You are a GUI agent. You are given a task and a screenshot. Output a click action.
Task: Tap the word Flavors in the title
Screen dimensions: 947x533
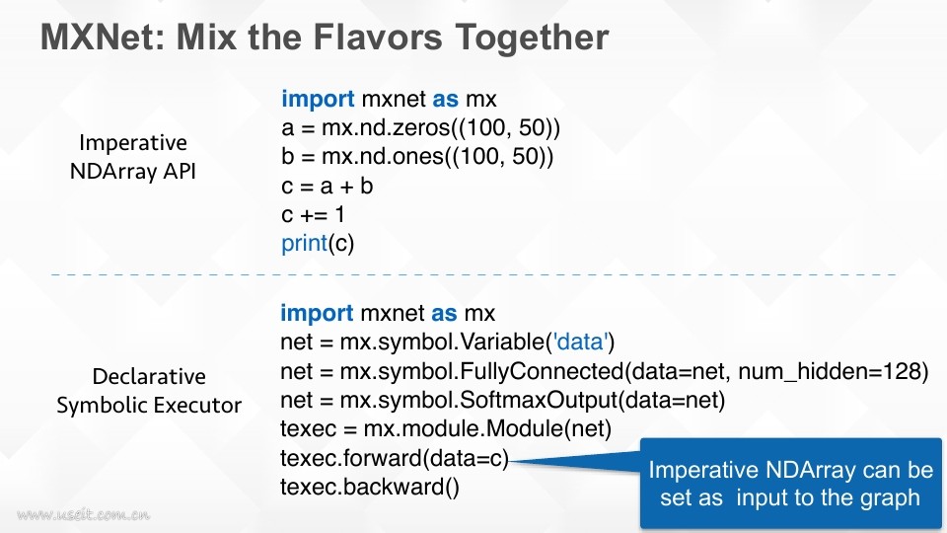pyautogui.click(x=378, y=38)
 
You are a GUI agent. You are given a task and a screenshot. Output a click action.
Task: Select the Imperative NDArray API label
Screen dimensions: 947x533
pyautogui.click(x=133, y=157)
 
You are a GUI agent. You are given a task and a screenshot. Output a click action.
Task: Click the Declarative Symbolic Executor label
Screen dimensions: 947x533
pyautogui.click(x=149, y=391)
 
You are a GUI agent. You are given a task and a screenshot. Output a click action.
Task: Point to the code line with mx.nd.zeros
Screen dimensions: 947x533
pyautogui.click(x=420, y=128)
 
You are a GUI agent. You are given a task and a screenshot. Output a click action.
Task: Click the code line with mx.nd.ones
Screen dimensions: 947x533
pyautogui.click(x=416, y=157)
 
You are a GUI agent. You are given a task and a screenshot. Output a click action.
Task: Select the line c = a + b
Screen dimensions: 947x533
pyautogui.click(x=327, y=187)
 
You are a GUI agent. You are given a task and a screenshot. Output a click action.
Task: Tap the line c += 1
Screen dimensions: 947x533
pyautogui.click(x=313, y=214)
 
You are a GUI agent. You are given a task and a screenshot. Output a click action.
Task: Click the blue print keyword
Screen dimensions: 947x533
pyautogui.click(x=305, y=244)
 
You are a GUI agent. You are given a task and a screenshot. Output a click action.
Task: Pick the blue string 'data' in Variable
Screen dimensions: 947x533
pyautogui.click(x=579, y=343)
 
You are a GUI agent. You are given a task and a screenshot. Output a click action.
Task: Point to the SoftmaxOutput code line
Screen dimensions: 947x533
pyautogui.click(x=502, y=400)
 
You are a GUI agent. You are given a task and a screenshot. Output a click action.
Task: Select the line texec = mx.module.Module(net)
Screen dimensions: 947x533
pyautogui.click(x=446, y=429)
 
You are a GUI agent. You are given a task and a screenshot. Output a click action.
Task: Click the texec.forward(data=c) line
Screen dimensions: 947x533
pyautogui.click(x=395, y=458)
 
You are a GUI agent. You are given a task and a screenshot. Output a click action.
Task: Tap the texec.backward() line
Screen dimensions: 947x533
pyautogui.click(x=370, y=487)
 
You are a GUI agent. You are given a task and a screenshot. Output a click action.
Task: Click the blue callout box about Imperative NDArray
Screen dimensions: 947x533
pyautogui.click(x=790, y=484)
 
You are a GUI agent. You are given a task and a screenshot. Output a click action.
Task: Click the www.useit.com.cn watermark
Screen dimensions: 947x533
pyautogui.click(x=83, y=515)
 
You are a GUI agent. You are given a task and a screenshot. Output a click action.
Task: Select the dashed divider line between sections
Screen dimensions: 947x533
pyautogui.click(x=473, y=275)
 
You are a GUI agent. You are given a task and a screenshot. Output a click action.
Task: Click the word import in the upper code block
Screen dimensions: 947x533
pyautogui.click(x=318, y=99)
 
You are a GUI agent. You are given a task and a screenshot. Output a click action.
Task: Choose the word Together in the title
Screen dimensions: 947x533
pyautogui.click(x=532, y=38)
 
